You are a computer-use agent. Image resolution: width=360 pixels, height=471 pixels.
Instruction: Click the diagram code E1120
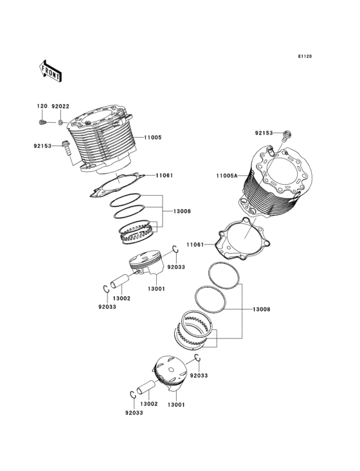[304, 57]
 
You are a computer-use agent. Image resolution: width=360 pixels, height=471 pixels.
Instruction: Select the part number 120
[42, 106]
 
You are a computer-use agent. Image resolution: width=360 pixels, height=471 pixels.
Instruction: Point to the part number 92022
[60, 106]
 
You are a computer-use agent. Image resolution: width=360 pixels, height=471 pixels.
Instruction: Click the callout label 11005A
[226, 175]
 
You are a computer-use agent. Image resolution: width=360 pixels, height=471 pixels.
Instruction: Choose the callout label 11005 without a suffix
[152, 137]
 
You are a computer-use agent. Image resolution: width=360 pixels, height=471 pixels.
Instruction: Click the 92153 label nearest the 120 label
[42, 145]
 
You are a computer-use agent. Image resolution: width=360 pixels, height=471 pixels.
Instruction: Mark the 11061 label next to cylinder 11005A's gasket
[195, 245]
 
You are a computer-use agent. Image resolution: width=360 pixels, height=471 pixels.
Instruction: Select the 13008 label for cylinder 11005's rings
[182, 211]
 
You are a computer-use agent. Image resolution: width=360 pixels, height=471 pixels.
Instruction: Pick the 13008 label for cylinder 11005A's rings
[261, 309]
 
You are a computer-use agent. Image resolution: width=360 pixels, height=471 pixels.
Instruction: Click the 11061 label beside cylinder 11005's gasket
[164, 175]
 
